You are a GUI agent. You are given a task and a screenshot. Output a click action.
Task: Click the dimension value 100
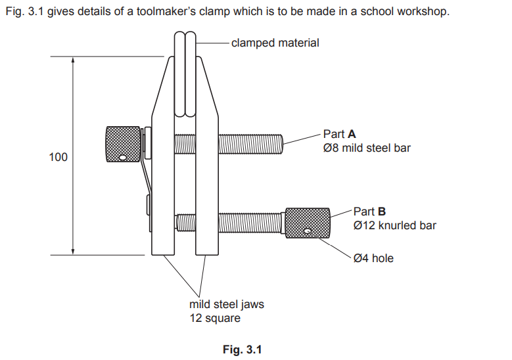(58, 158)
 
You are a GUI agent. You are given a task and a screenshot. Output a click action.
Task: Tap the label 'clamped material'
(275, 43)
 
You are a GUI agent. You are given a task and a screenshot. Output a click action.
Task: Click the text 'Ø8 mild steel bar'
(367, 148)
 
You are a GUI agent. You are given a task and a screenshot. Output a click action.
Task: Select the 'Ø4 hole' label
(373, 258)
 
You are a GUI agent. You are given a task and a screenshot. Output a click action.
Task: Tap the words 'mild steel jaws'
(226, 305)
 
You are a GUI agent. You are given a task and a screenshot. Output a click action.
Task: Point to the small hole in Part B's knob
(308, 231)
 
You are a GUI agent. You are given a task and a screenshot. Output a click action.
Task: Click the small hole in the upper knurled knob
(123, 157)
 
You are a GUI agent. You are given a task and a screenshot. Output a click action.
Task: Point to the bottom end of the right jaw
(206, 253)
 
